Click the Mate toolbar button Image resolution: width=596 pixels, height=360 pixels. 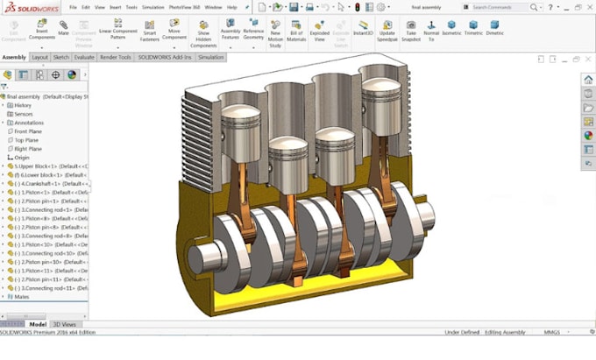(x=63, y=30)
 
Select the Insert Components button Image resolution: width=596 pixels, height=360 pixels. (x=41, y=30)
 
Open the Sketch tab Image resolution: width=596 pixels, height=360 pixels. (x=61, y=57)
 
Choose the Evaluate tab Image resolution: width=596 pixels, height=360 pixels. (x=84, y=57)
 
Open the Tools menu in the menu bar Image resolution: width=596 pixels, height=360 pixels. (x=131, y=7)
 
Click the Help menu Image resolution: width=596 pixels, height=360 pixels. (x=231, y=7)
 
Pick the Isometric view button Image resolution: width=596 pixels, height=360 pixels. (x=451, y=30)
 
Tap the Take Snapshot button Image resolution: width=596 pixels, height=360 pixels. (x=410, y=30)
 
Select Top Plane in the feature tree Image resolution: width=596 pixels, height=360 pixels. (x=25, y=140)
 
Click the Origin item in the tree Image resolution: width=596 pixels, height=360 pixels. (x=22, y=158)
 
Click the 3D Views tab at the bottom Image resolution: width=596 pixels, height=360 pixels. (x=64, y=324)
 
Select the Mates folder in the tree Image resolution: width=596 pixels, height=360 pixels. (x=22, y=297)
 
